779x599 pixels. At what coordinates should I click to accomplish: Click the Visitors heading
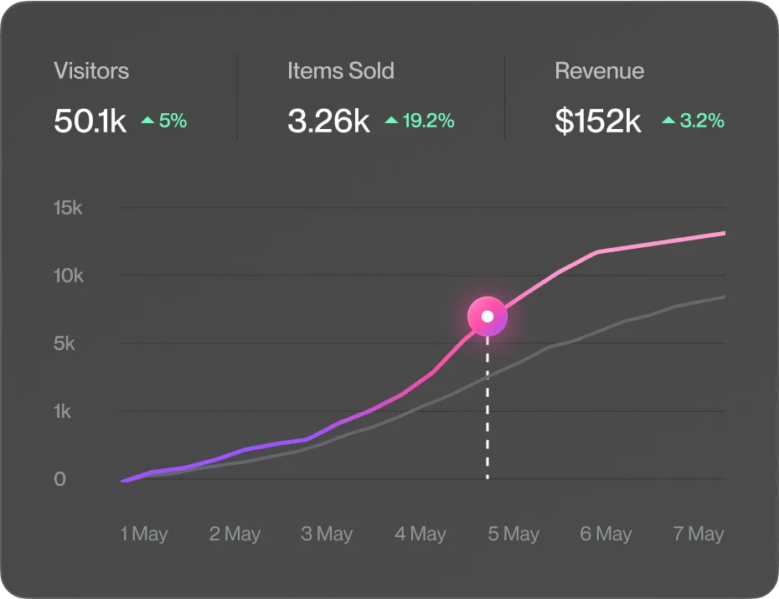click(91, 70)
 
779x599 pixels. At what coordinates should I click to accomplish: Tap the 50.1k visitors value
click(90, 121)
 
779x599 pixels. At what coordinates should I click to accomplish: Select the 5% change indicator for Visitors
click(164, 121)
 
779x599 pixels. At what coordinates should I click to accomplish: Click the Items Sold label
click(340, 70)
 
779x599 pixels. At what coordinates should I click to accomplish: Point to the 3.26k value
click(328, 121)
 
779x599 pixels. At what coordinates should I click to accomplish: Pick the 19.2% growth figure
click(420, 121)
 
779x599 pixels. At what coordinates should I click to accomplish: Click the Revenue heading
click(599, 70)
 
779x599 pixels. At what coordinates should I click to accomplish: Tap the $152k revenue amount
click(598, 121)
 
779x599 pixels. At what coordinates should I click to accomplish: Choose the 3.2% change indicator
click(693, 121)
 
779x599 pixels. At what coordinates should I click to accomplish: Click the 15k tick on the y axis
click(68, 208)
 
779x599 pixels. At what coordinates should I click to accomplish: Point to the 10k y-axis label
click(68, 276)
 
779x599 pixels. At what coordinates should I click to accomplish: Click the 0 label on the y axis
click(59, 479)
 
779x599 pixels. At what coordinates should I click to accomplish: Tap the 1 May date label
click(144, 534)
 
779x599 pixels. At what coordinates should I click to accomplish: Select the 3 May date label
click(327, 534)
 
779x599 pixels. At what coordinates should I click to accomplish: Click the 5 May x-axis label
click(513, 534)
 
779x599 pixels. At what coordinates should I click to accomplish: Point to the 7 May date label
click(699, 534)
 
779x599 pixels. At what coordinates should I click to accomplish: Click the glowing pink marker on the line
click(488, 317)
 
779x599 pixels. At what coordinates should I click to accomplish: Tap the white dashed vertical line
click(488, 411)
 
